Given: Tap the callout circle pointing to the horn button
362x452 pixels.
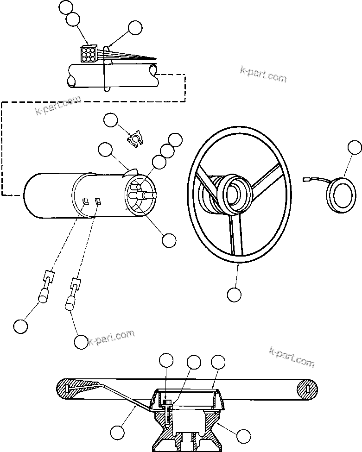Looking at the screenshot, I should pyautogui.click(x=355, y=148).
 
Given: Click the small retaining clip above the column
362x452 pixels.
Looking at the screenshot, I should pyautogui.click(x=134, y=138).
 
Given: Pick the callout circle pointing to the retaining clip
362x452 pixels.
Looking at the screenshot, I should pyautogui.click(x=111, y=120).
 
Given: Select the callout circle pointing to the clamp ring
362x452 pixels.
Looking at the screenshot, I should pyautogui.click(x=135, y=28).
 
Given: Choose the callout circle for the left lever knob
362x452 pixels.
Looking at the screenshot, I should pyautogui.click(x=20, y=326).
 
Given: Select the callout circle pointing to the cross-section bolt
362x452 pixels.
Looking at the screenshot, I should pyautogui.click(x=166, y=360).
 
